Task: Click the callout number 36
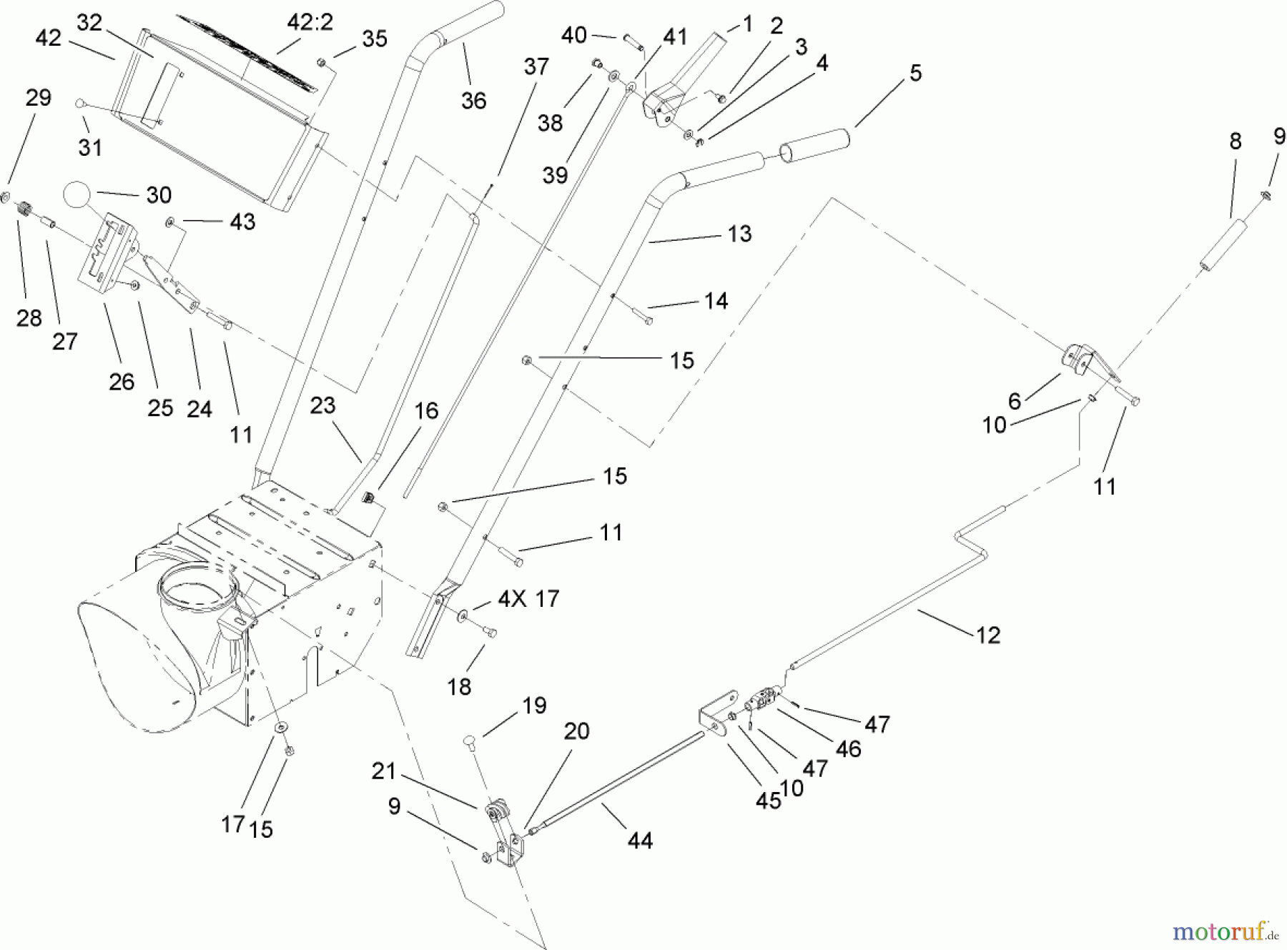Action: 473,101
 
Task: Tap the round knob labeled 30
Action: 78,194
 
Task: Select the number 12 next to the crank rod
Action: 987,635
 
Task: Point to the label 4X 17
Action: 528,598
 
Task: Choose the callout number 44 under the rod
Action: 639,841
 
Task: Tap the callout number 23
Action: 322,405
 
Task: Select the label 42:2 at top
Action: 310,23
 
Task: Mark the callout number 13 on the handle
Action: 739,234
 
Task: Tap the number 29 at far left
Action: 38,98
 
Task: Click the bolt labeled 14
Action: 641,315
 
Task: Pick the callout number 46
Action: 848,748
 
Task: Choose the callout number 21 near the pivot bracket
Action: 383,771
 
